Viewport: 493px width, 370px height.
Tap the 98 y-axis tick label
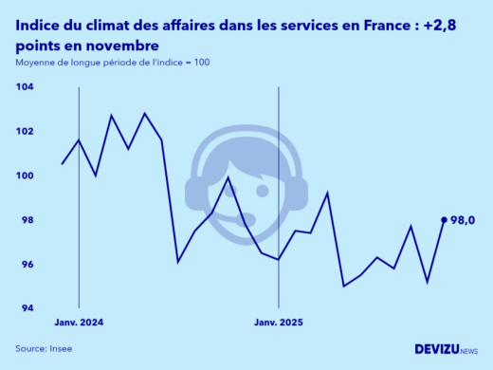(26, 220)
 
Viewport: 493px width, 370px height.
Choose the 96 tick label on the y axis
(26, 265)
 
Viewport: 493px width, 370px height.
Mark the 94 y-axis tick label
(26, 308)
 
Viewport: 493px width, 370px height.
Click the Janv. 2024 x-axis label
(79, 324)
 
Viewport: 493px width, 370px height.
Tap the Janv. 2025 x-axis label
(278, 324)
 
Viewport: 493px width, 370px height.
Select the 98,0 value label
(462, 220)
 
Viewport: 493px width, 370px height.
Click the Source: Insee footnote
(44, 349)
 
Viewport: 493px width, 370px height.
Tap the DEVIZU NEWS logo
(446, 349)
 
